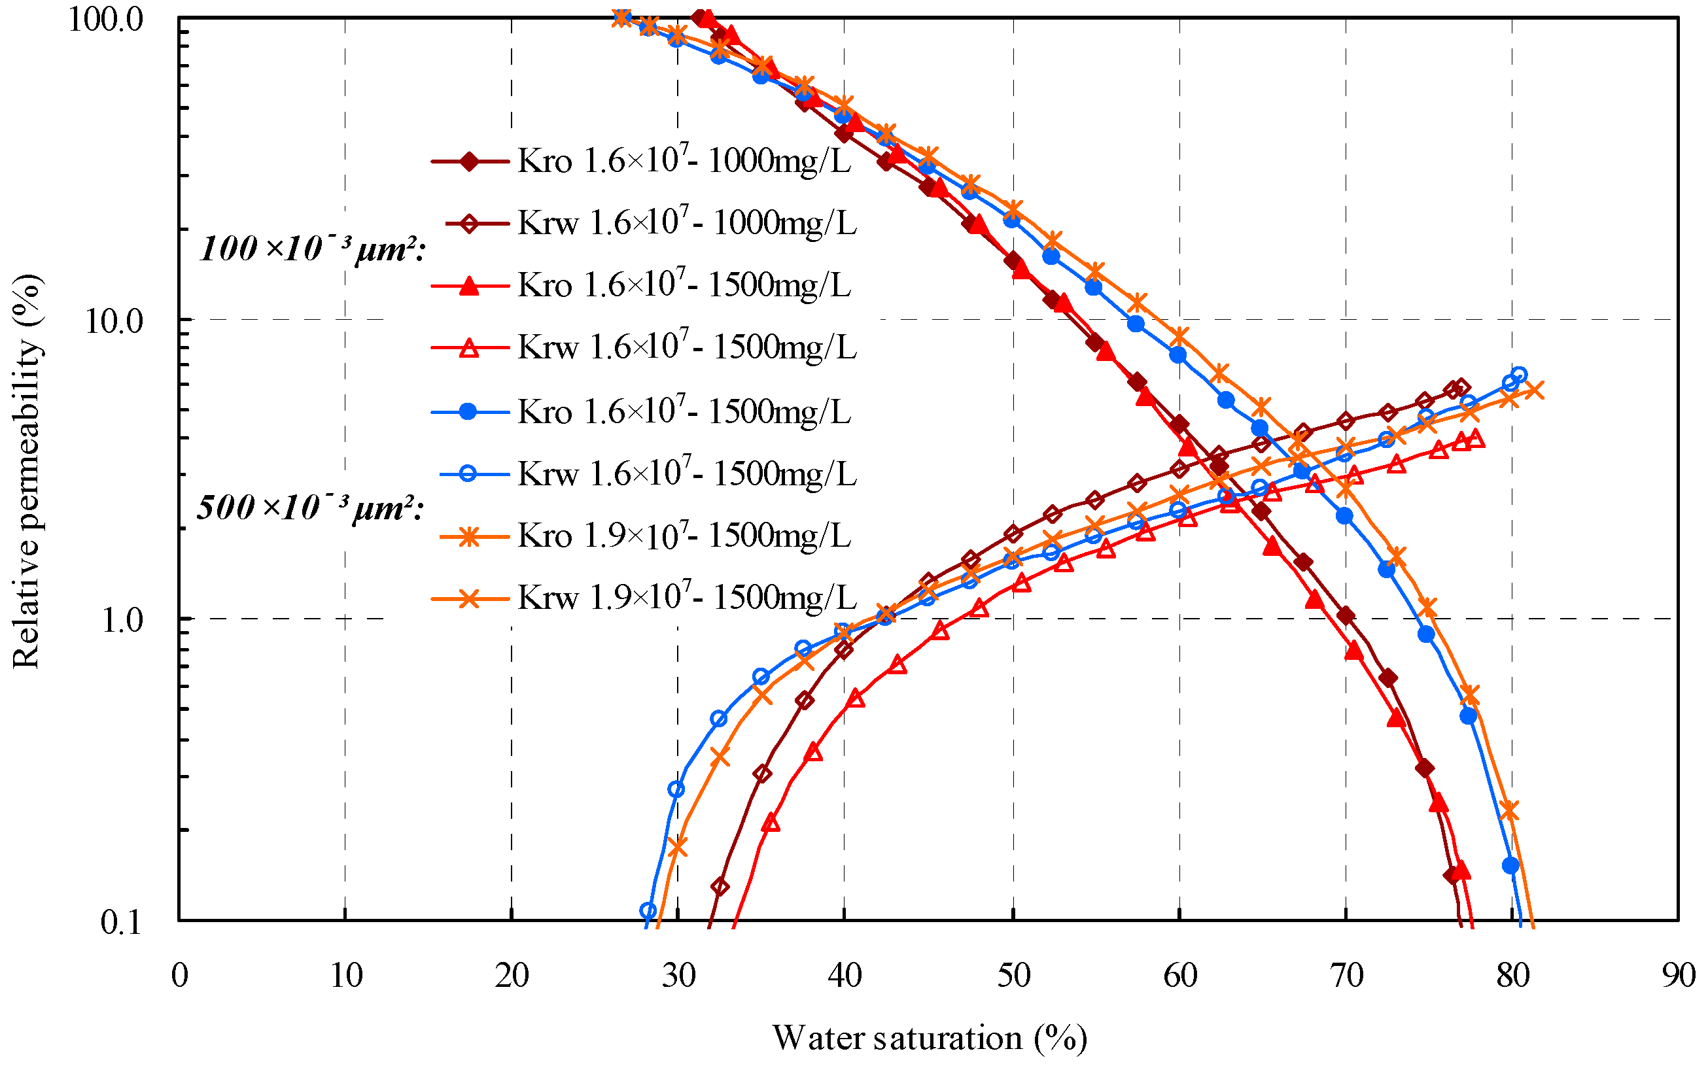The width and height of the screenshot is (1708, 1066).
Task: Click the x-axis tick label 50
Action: tap(1013, 976)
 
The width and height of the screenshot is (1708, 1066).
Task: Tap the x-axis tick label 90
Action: tap(1679, 976)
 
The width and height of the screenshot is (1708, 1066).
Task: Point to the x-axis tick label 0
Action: tap(180, 976)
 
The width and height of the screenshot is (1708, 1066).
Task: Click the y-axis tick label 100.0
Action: tap(105, 20)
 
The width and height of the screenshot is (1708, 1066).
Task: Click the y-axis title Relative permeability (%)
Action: tap(27, 471)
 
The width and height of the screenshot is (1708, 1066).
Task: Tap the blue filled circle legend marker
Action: tap(469, 412)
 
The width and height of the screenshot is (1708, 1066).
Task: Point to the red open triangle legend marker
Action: tap(469, 347)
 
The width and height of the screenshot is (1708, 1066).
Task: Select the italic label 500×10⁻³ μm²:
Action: tap(310, 507)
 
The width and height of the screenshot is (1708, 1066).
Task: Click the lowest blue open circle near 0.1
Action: tap(648, 910)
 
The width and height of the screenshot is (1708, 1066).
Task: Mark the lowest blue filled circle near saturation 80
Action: tap(1510, 865)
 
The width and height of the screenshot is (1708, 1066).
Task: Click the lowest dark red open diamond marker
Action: tap(720, 886)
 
